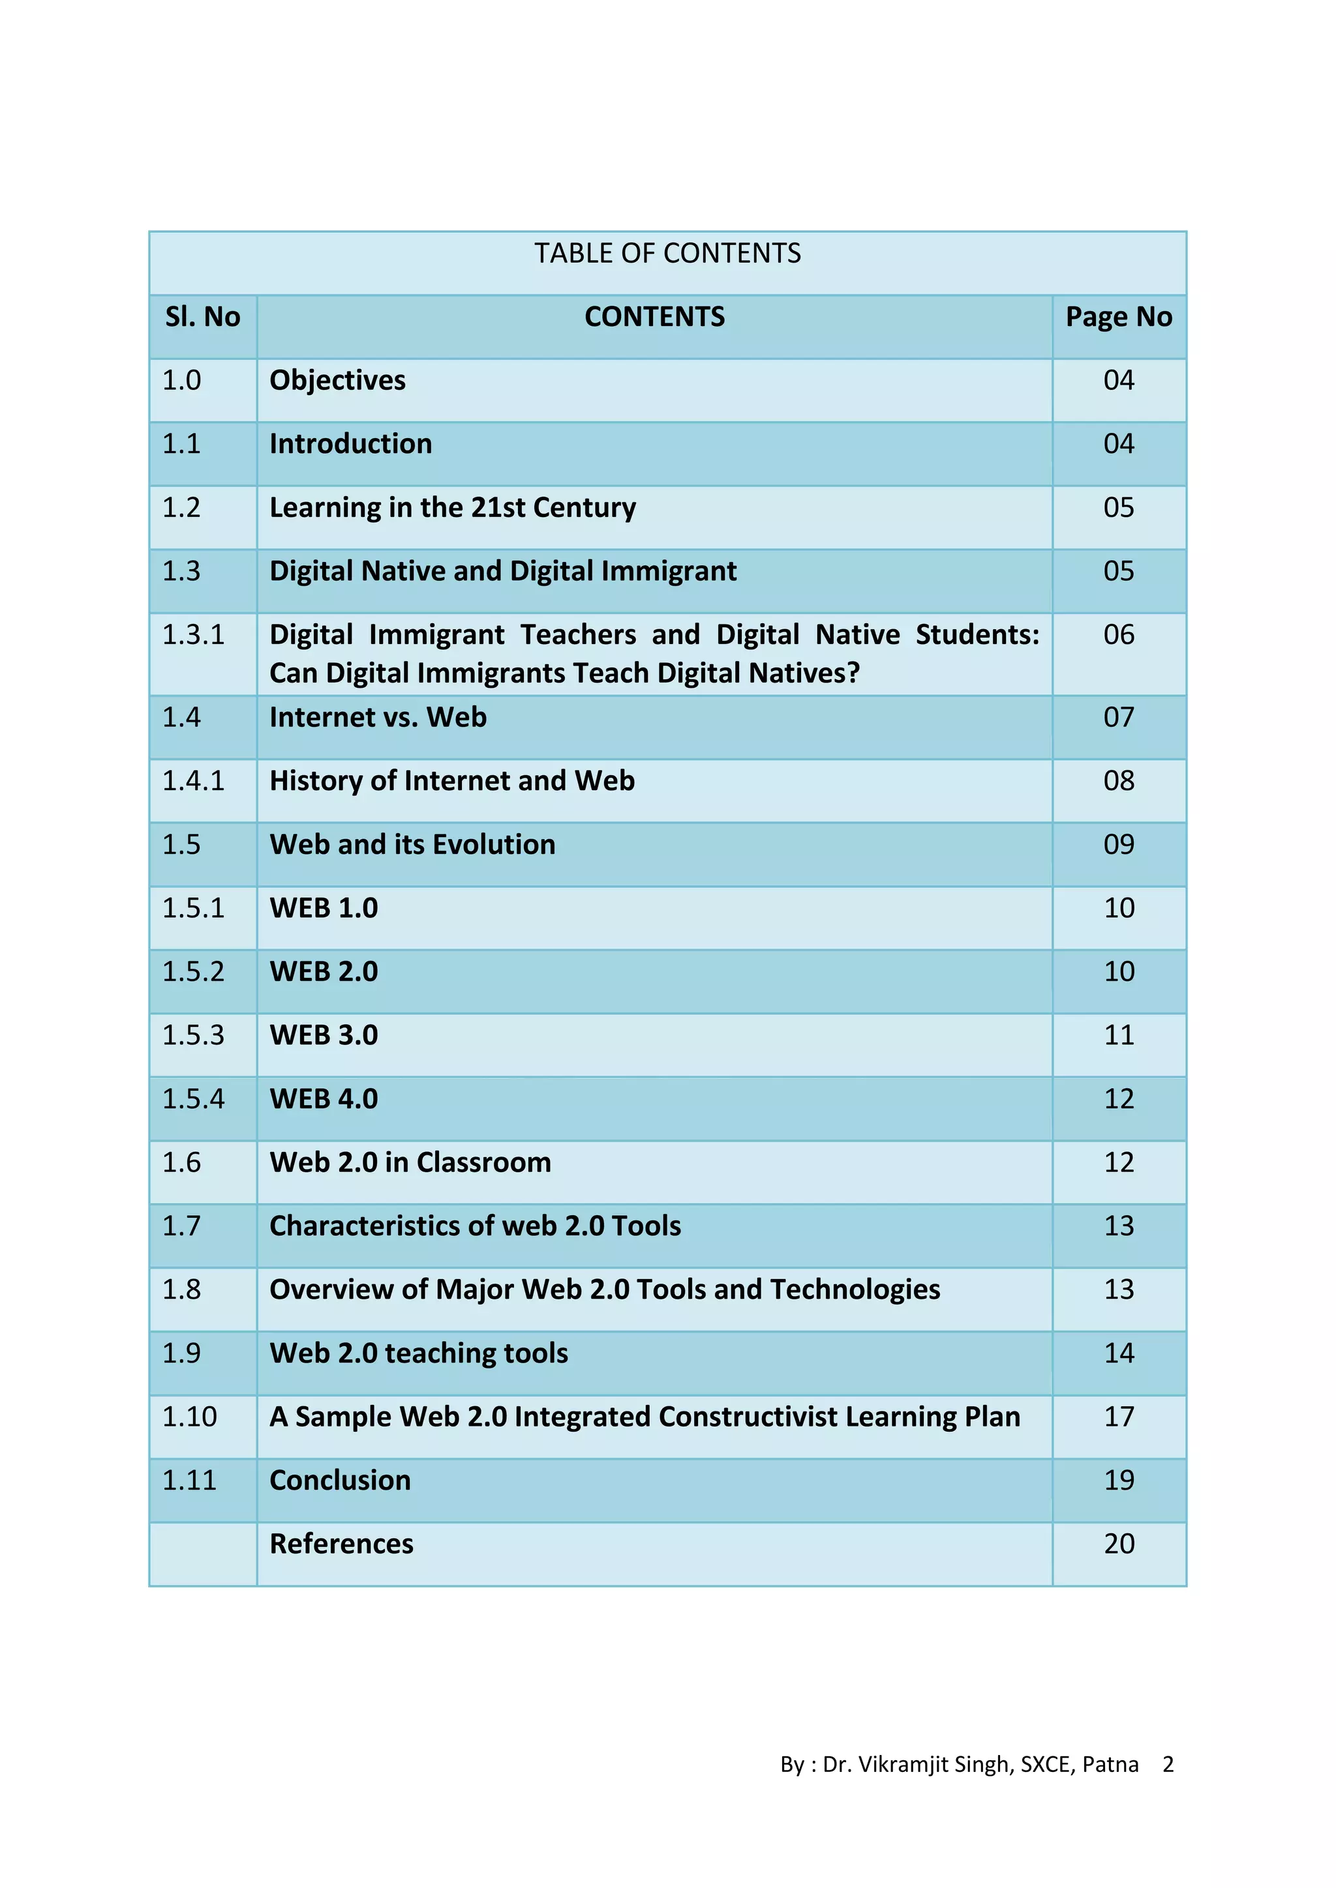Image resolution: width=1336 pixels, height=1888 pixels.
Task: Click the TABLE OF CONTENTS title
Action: click(x=667, y=253)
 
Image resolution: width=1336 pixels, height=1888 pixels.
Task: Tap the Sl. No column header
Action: click(x=202, y=317)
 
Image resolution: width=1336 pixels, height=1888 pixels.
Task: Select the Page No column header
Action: click(x=1119, y=317)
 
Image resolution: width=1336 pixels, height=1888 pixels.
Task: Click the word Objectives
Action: click(x=337, y=381)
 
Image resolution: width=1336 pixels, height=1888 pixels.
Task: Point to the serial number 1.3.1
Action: click(x=192, y=635)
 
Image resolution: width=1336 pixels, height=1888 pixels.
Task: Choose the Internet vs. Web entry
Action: click(x=378, y=718)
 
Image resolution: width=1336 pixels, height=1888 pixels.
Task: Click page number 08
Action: click(x=1119, y=781)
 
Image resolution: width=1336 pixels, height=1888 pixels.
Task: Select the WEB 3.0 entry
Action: click(x=324, y=1035)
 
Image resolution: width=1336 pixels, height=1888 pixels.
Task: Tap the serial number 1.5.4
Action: click(x=192, y=1099)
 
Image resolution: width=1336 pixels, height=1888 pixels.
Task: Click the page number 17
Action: click(x=1119, y=1417)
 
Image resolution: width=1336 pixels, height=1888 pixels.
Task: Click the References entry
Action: click(x=341, y=1544)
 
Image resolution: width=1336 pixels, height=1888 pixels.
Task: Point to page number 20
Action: click(x=1119, y=1544)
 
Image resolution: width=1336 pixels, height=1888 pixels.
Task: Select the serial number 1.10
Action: click(x=189, y=1417)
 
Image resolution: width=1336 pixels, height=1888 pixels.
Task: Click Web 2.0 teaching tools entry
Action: click(x=419, y=1353)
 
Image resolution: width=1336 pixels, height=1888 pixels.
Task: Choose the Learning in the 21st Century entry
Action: click(x=453, y=508)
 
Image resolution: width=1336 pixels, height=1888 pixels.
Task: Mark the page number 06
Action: click(x=1119, y=635)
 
